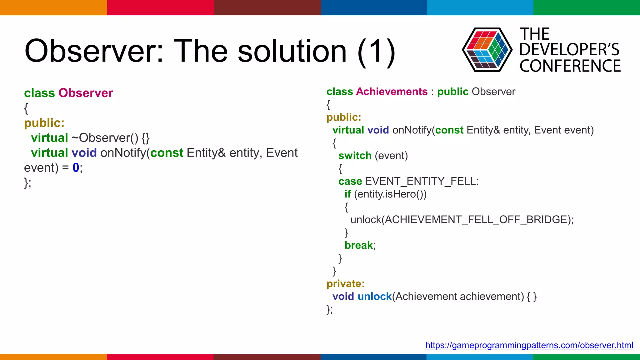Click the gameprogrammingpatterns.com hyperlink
coord(529,345)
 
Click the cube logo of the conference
coord(487,50)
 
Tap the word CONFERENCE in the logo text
coord(570,66)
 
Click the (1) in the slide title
coord(377,51)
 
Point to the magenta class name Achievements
coord(392,92)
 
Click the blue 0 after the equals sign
coord(76,168)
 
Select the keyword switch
coord(355,156)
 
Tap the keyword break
coord(358,245)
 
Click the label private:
coord(345,284)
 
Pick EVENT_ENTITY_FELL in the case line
coord(421,181)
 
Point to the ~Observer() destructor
coord(105,138)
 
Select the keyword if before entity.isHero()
coord(347,194)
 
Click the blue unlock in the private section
coord(374,297)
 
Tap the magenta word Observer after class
coord(86,93)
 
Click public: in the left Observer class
coord(44,123)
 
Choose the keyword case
coord(350,181)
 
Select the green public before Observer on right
coord(452,92)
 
